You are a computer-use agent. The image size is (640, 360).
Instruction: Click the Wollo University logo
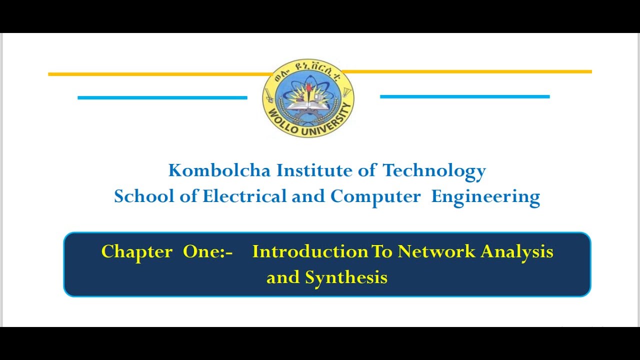(308, 98)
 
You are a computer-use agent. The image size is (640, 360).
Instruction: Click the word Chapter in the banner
(136, 251)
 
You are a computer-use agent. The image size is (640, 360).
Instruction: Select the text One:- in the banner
(207, 251)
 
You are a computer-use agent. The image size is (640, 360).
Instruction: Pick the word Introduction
(310, 251)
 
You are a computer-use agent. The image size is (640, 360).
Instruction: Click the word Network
(436, 251)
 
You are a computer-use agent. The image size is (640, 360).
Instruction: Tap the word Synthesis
(346, 277)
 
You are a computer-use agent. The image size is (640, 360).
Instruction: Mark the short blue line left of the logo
(162, 97)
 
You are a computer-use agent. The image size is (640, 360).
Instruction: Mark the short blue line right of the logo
(464, 96)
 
